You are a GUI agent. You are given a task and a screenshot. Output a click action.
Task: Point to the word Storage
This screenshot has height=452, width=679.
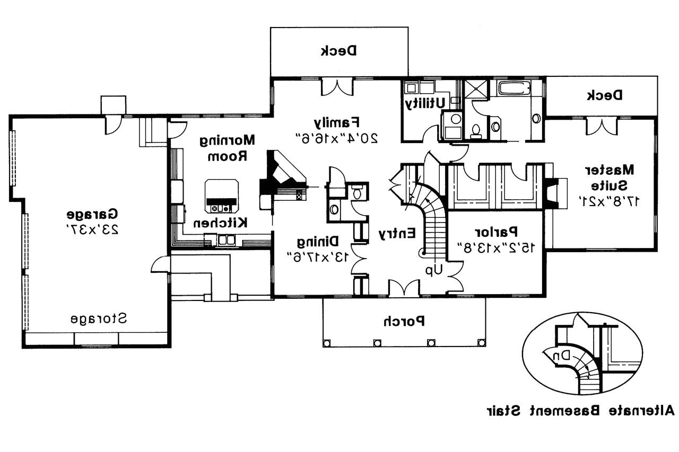point(99,319)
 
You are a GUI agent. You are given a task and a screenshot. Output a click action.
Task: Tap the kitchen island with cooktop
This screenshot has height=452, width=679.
point(222,194)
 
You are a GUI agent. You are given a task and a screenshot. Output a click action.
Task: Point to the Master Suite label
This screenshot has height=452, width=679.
point(612,178)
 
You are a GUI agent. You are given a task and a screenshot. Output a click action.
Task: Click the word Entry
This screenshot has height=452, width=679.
point(396,233)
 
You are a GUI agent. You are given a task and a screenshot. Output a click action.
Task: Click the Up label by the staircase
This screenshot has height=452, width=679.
point(433,270)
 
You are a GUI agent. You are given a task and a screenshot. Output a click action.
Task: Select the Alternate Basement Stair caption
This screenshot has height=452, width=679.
point(579,410)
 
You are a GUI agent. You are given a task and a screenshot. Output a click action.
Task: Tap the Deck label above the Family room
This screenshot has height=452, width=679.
point(339,51)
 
